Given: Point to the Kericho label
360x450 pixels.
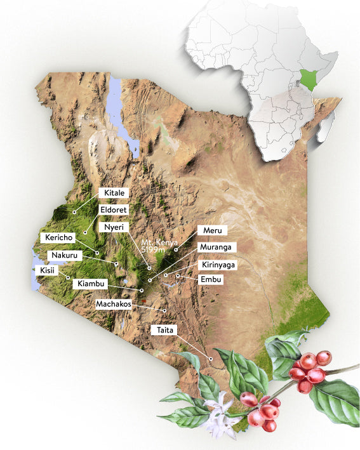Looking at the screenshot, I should (x=60, y=237).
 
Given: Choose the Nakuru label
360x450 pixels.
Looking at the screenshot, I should (x=65, y=255).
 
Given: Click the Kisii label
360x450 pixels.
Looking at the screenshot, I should (x=48, y=270).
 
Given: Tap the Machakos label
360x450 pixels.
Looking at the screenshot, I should (x=114, y=304).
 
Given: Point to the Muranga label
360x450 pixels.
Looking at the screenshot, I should (x=217, y=247).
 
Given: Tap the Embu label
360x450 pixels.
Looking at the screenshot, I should (x=211, y=279).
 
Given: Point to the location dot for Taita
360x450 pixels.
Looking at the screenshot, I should (x=211, y=360).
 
